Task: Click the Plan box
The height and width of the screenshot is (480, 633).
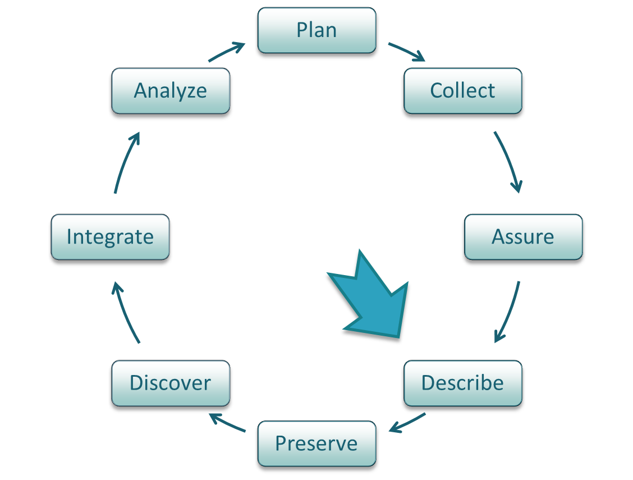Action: [316, 30]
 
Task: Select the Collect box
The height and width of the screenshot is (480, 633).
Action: [462, 91]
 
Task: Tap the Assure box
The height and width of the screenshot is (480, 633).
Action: [523, 237]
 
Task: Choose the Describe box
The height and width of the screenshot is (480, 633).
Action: [462, 383]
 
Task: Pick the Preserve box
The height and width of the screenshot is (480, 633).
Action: [316, 444]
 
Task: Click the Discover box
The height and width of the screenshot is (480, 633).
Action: [171, 383]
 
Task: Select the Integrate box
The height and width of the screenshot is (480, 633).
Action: [110, 237]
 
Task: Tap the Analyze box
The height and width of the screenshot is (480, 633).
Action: [171, 91]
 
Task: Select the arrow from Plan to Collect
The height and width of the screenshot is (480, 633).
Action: [406, 51]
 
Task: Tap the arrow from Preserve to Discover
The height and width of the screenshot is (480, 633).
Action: [227, 423]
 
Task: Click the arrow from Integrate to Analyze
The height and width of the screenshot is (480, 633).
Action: [125, 163]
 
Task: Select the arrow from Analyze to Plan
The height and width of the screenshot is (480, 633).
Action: [227, 52]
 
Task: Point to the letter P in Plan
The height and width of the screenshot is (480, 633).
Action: [301, 30]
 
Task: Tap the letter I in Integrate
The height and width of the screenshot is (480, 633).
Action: [69, 237]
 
